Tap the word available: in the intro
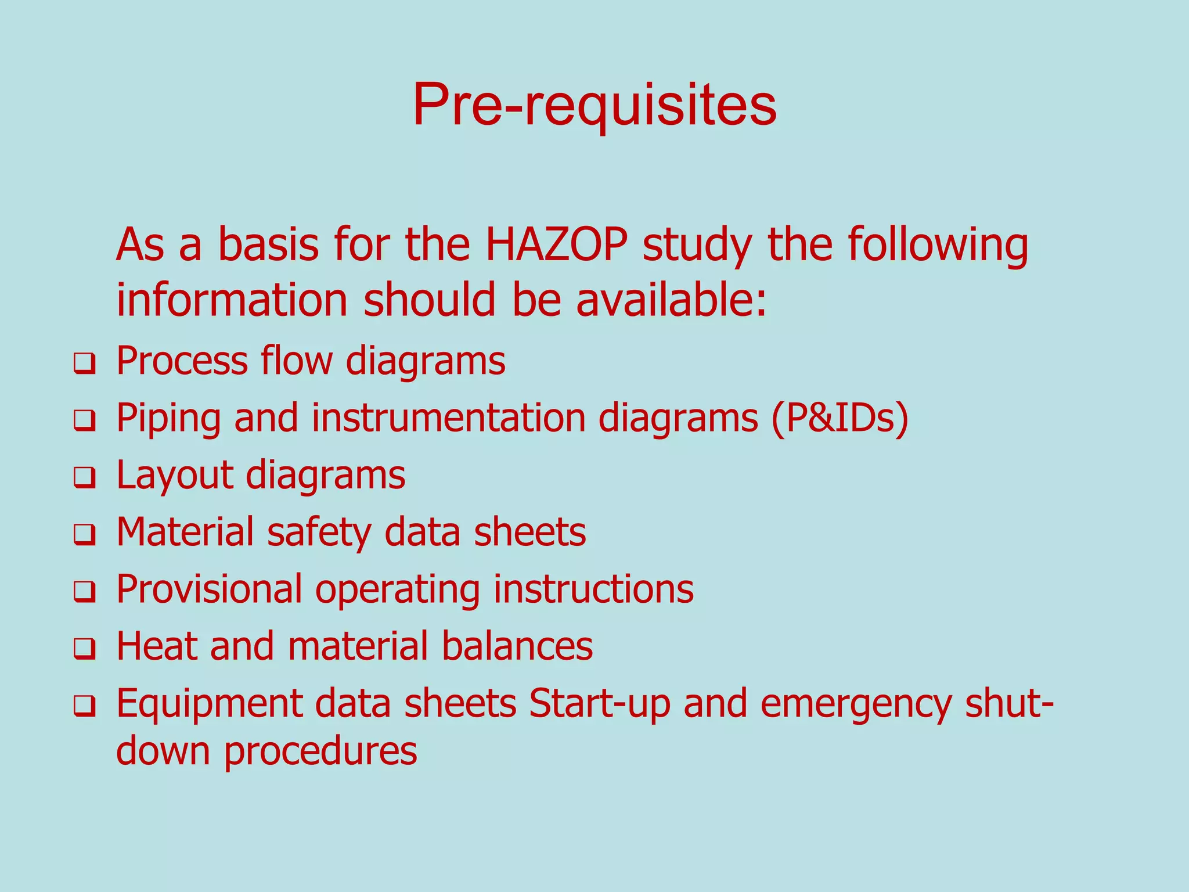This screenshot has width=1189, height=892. coord(671,300)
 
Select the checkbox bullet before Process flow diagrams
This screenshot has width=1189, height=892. coord(84,365)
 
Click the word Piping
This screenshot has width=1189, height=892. coord(168,419)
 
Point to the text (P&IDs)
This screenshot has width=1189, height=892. coord(839,418)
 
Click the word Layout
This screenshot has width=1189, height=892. coord(175,476)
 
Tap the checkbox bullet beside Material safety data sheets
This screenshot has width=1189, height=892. coord(84,535)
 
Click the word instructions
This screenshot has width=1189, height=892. coord(593,589)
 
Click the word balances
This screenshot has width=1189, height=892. coord(517,646)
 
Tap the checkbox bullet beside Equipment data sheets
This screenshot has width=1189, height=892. coord(84,707)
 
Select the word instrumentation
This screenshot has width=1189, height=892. coord(448,418)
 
